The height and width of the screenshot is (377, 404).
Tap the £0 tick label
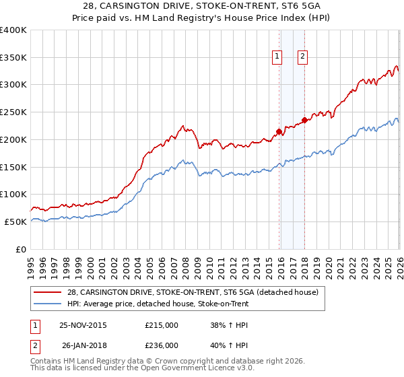[20, 249]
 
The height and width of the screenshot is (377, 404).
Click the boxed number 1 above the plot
[277, 57]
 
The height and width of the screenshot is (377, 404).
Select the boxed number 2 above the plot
[302, 57]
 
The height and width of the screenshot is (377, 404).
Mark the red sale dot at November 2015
[279, 131]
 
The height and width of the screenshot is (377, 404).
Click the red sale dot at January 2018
[304, 120]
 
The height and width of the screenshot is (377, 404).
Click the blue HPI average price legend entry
[158, 304]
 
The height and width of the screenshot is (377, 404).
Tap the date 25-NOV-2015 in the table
[83, 324]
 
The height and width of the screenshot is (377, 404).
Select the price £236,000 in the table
[162, 346]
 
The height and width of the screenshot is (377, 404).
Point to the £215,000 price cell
[162, 324]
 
